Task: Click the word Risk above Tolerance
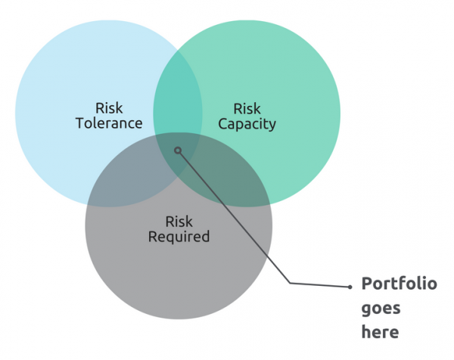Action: tap(109, 107)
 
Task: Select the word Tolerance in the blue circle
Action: tap(109, 123)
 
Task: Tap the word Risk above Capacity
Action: tap(247, 108)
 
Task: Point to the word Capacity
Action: tap(247, 123)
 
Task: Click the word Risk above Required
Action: tap(179, 222)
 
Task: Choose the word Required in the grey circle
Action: tap(179, 237)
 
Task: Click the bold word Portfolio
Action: tap(399, 284)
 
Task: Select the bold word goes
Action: tap(381, 309)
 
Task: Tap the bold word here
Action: tap(380, 331)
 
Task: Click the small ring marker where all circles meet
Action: tap(178, 150)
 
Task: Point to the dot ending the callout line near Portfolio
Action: tap(350, 287)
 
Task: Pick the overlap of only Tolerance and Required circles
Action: tap(121, 182)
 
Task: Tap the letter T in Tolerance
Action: tap(79, 123)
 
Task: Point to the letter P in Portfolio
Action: tap(366, 284)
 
